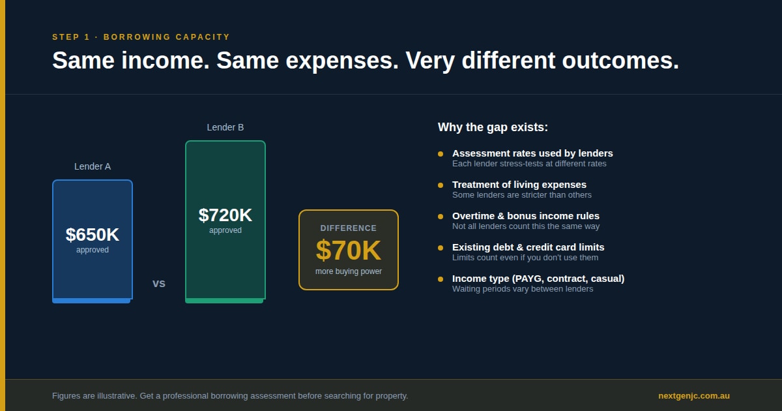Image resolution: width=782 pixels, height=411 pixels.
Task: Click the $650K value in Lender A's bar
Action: (x=92, y=234)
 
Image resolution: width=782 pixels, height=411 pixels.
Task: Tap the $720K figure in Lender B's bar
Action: (x=225, y=215)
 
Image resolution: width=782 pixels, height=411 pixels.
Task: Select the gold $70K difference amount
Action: (x=349, y=251)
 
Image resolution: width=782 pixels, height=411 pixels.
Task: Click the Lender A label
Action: (x=93, y=166)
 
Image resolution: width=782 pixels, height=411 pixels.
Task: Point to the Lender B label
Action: (x=225, y=127)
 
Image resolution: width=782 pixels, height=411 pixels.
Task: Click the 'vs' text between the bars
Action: (x=159, y=283)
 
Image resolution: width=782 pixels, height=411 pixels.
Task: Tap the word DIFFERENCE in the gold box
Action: (x=349, y=228)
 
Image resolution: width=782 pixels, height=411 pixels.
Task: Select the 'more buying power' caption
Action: (x=349, y=271)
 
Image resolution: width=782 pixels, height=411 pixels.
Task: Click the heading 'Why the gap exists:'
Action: (x=493, y=127)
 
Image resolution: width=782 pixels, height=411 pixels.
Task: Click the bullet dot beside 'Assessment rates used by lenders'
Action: (x=441, y=154)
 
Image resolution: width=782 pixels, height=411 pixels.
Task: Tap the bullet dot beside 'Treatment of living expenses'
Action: (x=441, y=185)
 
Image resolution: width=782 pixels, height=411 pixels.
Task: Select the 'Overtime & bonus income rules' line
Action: (x=526, y=216)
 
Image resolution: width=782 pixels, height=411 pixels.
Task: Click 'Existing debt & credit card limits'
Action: (x=529, y=247)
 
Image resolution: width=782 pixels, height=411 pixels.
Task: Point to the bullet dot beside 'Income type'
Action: (x=441, y=279)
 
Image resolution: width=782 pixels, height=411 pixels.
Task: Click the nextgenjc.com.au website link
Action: (x=694, y=396)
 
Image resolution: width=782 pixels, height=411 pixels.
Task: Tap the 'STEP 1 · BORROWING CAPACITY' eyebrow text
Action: (x=141, y=37)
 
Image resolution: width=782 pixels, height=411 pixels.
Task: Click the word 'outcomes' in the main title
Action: (x=620, y=61)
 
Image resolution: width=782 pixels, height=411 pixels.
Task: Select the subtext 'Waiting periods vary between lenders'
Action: (x=523, y=289)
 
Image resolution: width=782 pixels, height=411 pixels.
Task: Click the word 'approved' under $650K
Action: (x=93, y=250)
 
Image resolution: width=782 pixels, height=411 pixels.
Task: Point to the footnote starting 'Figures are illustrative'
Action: (x=230, y=396)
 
